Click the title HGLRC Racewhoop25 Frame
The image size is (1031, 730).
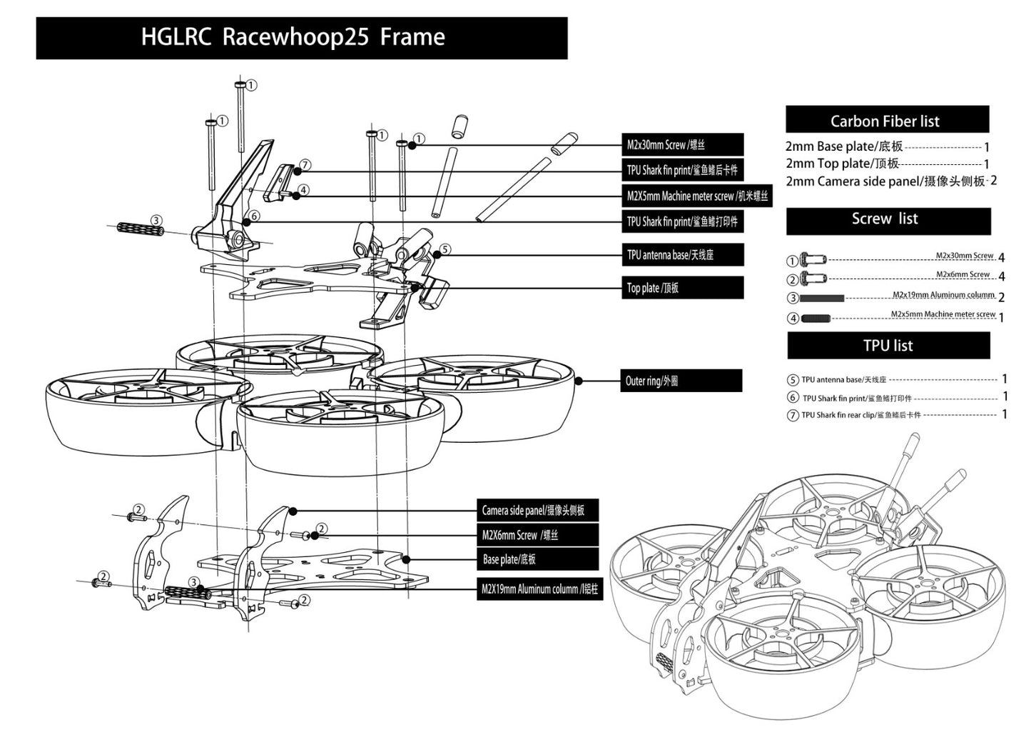(x=293, y=37)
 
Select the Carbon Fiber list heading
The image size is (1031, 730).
(x=885, y=121)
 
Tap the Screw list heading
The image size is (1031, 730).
(x=885, y=219)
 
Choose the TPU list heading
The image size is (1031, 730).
(x=888, y=346)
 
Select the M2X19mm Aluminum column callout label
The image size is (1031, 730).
(x=539, y=589)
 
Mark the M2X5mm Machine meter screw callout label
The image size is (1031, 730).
(x=696, y=196)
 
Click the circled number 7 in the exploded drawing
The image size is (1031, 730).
(x=305, y=165)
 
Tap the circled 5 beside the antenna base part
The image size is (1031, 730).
(x=445, y=249)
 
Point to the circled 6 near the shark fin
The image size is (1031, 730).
(x=255, y=216)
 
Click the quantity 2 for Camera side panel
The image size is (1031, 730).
(x=993, y=181)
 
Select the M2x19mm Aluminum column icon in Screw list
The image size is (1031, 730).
(x=822, y=298)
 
